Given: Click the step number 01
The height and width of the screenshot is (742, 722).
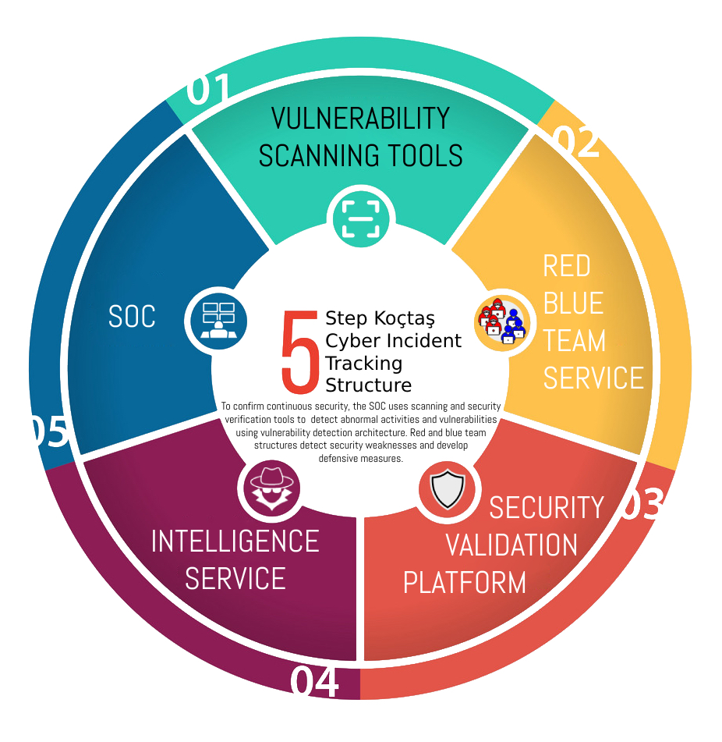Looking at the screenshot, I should tap(210, 91).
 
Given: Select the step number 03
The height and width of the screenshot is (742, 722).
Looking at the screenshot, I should tap(641, 506).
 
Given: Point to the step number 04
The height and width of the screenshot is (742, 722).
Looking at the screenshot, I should tap(315, 682).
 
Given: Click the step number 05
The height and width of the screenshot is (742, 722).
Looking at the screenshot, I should tap(48, 432).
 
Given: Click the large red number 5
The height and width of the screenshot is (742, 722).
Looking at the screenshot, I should tap(300, 352).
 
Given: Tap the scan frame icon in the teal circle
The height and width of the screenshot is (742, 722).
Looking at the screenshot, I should tap(361, 218).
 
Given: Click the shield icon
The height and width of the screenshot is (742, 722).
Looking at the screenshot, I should tap(448, 490).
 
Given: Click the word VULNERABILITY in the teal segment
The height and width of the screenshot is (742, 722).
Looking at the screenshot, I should tap(360, 119).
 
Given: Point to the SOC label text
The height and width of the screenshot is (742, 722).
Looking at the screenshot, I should tap(132, 317).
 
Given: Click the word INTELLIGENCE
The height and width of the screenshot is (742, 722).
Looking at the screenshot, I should tap(235, 541).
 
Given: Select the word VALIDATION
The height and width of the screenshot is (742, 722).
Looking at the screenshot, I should tap(511, 545).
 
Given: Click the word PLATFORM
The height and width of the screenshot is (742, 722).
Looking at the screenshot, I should tap(465, 582).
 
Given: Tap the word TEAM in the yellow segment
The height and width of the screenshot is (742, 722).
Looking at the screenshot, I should tap(575, 341).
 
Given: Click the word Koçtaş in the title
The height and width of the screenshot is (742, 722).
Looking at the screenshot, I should tap(403, 318).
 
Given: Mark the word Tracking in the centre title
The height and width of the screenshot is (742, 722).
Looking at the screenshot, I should tap(364, 363).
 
